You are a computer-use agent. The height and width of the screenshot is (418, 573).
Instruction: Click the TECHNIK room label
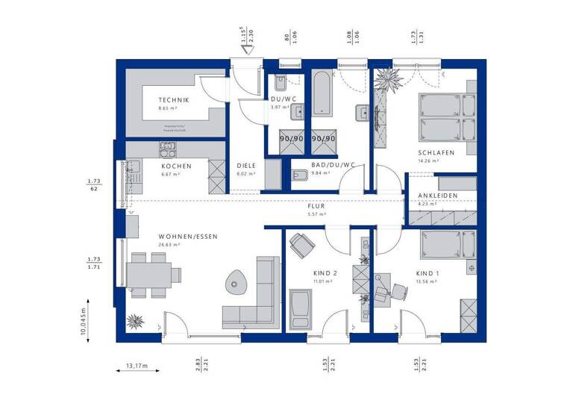click(x=173, y=100)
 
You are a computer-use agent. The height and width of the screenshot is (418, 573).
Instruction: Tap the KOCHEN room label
click(x=176, y=166)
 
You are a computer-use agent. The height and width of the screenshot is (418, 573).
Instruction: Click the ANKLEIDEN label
click(x=438, y=196)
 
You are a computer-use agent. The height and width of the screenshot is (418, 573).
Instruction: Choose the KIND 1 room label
click(x=428, y=273)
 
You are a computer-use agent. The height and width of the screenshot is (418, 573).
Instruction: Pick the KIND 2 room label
click(x=326, y=273)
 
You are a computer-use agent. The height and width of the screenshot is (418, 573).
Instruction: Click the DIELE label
click(x=246, y=166)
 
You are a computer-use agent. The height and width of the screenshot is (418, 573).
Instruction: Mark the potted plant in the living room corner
click(x=135, y=322)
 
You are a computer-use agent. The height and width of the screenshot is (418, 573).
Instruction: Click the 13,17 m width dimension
click(x=137, y=365)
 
